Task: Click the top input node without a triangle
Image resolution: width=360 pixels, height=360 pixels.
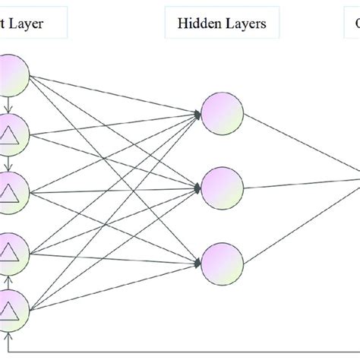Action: (13, 74)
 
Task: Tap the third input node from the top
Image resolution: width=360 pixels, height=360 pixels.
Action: (13, 187)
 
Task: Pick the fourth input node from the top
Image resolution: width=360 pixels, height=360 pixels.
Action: (13, 250)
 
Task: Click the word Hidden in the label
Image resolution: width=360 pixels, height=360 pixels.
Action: (196, 23)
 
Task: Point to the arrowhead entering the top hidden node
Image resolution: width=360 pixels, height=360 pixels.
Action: (200, 115)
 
